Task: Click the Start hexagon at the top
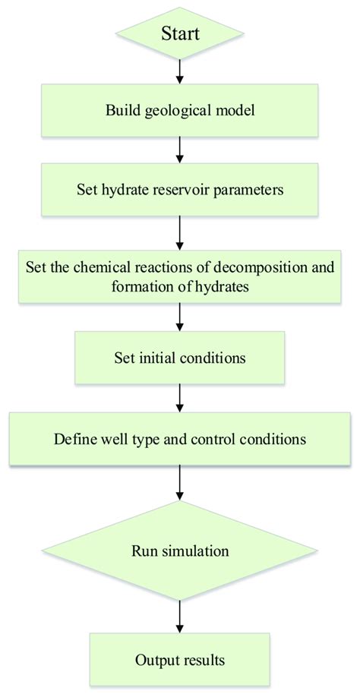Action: tap(180, 33)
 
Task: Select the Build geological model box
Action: tap(180, 110)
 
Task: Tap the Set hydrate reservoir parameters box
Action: tap(180, 189)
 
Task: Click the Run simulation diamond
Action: tap(180, 547)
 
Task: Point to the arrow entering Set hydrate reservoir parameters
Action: tap(180, 150)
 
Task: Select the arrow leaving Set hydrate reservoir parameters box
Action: tap(180, 233)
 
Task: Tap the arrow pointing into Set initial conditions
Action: tap(180, 315)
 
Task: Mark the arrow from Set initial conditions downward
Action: tap(180, 396)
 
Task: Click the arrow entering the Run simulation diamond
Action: tap(180, 479)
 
